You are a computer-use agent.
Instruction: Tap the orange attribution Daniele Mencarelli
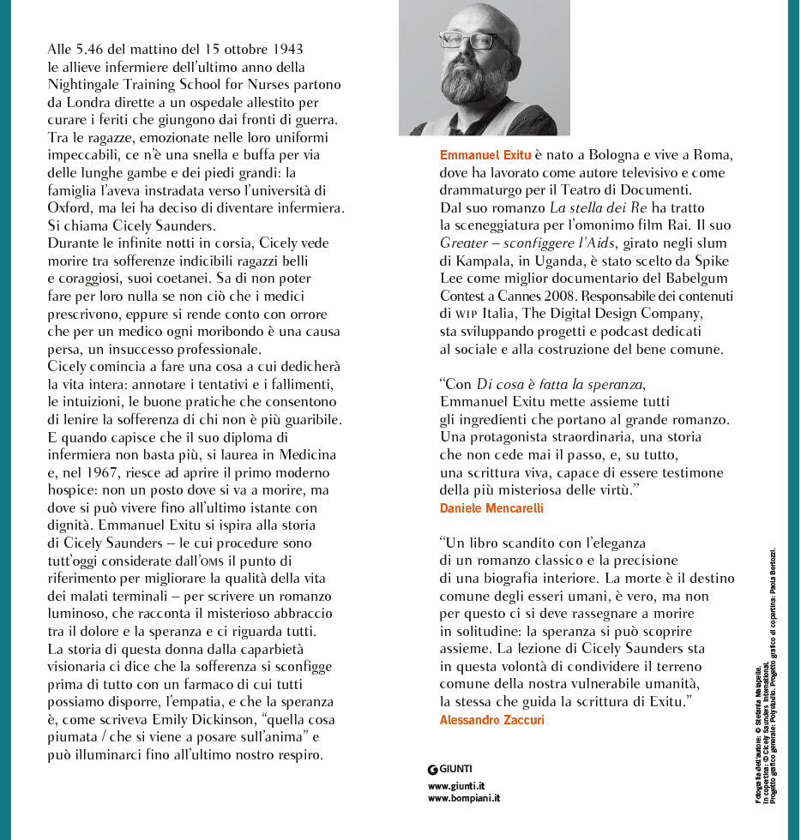click(491, 508)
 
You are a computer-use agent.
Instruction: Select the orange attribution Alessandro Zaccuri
click(491, 720)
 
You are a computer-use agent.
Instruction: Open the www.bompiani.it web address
click(464, 798)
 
